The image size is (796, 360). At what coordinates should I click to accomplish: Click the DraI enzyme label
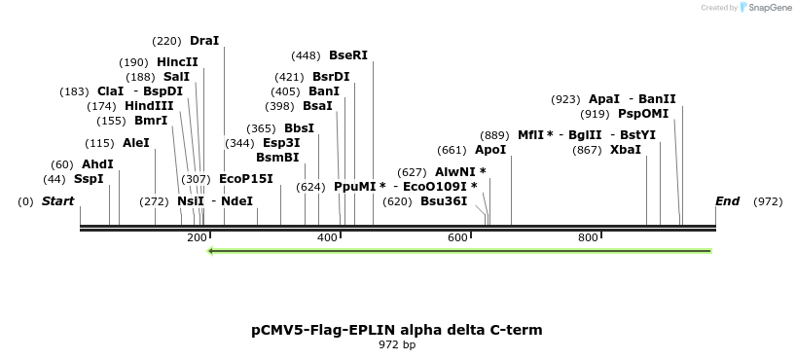[x=204, y=41]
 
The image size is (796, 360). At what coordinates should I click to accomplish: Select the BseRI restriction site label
[x=348, y=55]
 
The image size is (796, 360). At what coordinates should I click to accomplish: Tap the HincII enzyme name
[x=177, y=62]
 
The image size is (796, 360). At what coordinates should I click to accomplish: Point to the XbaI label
[x=626, y=150]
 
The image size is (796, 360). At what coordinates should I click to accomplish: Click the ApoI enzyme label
[x=490, y=150]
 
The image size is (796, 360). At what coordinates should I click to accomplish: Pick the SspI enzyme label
[x=89, y=179]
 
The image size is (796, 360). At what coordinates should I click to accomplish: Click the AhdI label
[x=97, y=164]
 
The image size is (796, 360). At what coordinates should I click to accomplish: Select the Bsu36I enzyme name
[x=444, y=201]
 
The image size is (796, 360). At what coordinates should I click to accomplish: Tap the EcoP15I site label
[x=246, y=179]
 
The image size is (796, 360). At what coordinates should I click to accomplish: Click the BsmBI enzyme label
[x=277, y=157]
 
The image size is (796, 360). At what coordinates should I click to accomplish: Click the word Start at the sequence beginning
[x=58, y=201]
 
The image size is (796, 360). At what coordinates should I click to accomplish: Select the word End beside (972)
[x=727, y=201]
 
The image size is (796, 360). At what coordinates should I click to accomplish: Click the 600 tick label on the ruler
[x=457, y=238]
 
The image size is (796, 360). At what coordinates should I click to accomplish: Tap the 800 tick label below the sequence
[x=588, y=238]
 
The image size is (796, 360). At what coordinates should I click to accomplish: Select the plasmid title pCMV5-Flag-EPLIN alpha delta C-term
[x=397, y=330]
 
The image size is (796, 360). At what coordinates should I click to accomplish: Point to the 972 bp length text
[x=397, y=344]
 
